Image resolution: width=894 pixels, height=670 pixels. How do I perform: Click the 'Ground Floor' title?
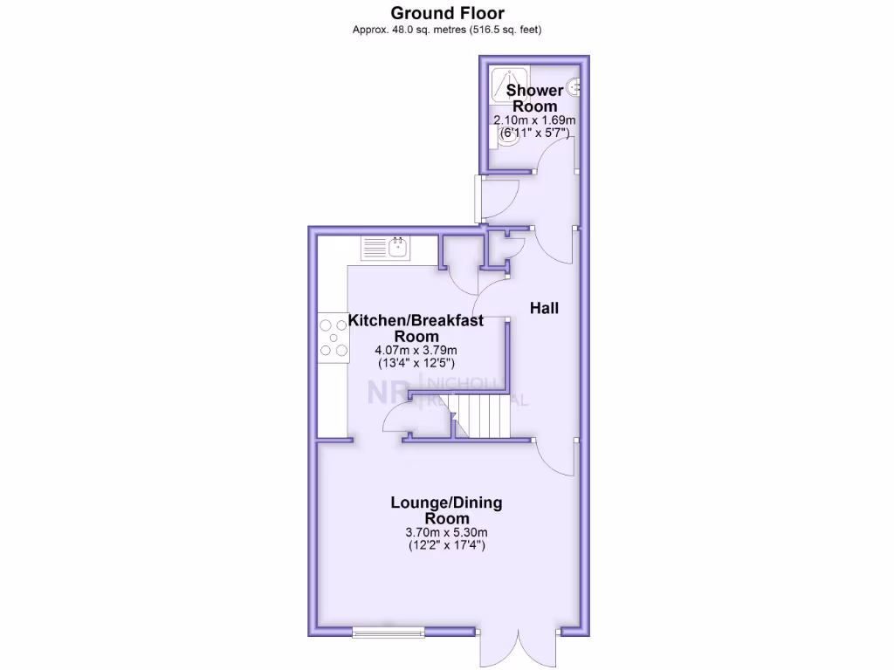pyautogui.click(x=446, y=12)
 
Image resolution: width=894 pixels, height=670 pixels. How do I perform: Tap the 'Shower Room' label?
pyautogui.click(x=534, y=98)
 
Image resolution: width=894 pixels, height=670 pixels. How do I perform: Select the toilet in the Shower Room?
pyautogui.click(x=507, y=138)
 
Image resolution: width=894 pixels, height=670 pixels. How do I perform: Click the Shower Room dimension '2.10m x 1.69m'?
pyautogui.click(x=534, y=120)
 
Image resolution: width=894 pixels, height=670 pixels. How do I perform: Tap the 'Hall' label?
pyautogui.click(x=545, y=308)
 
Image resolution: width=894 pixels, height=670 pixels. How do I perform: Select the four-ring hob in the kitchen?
pyautogui.click(x=333, y=338)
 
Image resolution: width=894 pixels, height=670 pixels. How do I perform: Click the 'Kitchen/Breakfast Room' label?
pyautogui.click(x=416, y=328)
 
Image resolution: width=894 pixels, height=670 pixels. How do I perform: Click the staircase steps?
pyautogui.click(x=485, y=416)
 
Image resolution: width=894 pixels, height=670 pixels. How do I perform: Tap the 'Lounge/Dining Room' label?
pyautogui.click(x=446, y=510)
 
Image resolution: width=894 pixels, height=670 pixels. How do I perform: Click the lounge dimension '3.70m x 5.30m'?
pyautogui.click(x=446, y=532)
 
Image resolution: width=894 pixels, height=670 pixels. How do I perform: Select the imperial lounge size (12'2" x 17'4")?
pyautogui.click(x=446, y=546)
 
